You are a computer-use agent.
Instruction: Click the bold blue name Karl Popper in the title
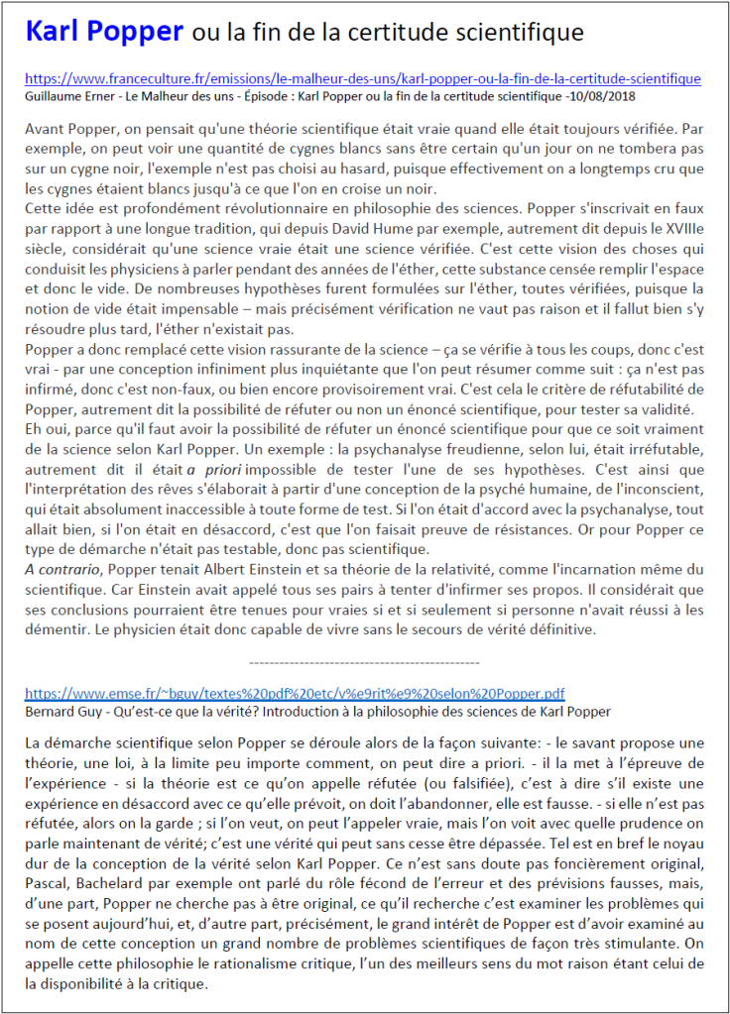pos(104,32)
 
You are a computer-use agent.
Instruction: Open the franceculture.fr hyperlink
pos(362,79)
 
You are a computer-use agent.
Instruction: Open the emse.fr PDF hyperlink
pos(295,693)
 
